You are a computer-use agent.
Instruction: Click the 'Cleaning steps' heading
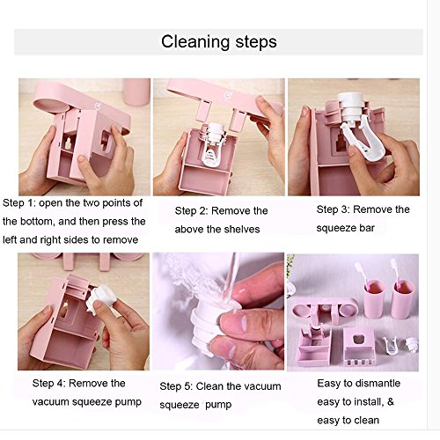(219, 41)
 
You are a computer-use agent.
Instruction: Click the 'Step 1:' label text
(19, 202)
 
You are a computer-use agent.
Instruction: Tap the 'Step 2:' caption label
(191, 210)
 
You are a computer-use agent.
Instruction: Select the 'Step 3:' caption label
(333, 209)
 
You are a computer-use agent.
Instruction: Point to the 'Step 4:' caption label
(48, 383)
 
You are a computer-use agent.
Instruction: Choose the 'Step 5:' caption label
(176, 386)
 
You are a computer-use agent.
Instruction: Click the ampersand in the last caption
(391, 401)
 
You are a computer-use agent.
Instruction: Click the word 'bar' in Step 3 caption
(367, 228)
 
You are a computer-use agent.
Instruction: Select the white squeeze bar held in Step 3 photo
(363, 137)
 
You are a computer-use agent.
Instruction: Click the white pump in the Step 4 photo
(100, 297)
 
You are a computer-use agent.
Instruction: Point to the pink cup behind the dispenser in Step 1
(136, 92)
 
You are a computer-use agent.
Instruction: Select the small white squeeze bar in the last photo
(391, 346)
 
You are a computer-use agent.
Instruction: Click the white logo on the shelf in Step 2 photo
(228, 96)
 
